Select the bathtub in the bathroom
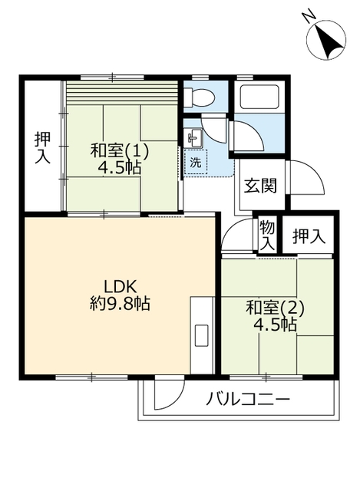click(259, 97)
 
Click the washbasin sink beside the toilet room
click(193, 138)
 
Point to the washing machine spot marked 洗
click(196, 163)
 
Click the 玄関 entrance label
click(261, 186)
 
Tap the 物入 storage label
click(266, 235)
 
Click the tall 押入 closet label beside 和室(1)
click(42, 148)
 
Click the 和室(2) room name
click(276, 308)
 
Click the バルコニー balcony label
click(247, 399)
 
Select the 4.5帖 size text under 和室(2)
click(276, 325)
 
